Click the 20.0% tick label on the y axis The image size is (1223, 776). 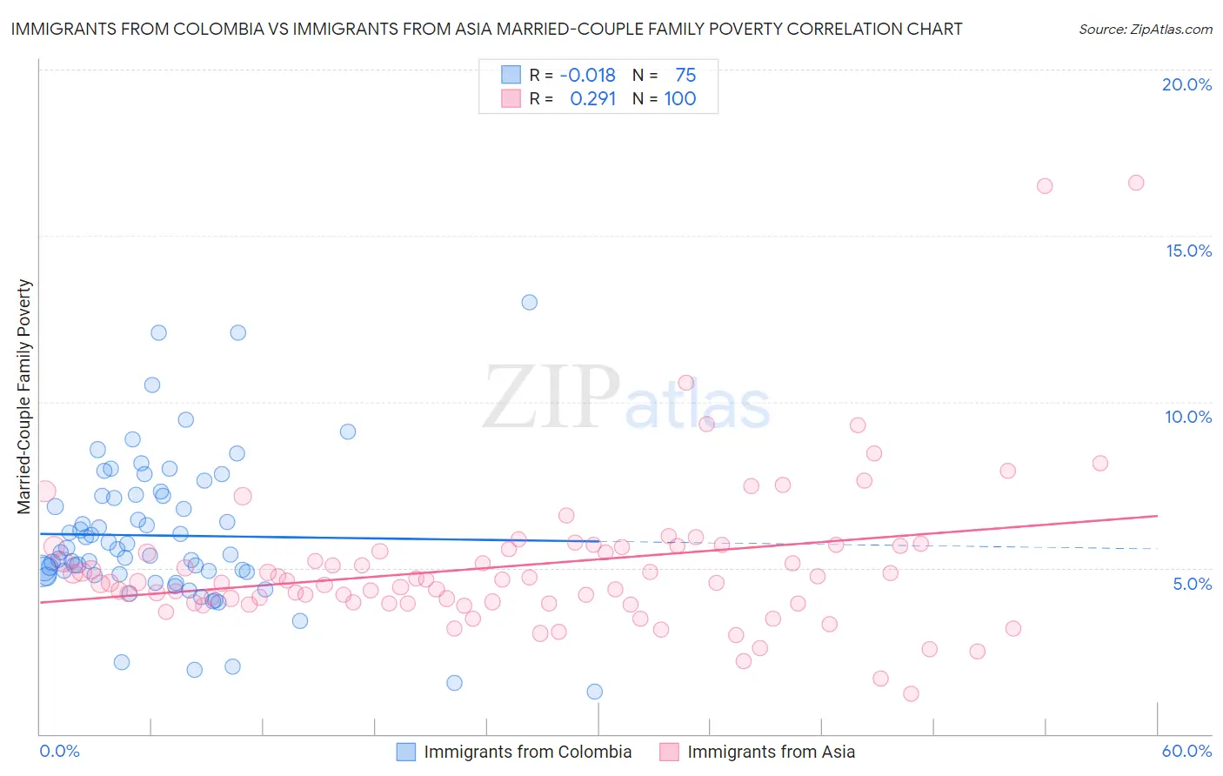pyautogui.click(x=1186, y=84)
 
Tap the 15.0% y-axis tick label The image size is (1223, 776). pyautogui.click(x=1188, y=251)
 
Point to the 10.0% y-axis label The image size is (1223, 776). pyautogui.click(x=1188, y=417)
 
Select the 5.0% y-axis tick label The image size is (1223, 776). pyautogui.click(x=1192, y=584)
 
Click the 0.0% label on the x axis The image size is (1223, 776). pyautogui.click(x=60, y=751)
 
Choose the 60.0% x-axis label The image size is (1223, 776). pyautogui.click(x=1186, y=751)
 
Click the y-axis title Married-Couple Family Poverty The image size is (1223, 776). pyautogui.click(x=24, y=397)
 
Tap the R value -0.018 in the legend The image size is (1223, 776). pyautogui.click(x=587, y=76)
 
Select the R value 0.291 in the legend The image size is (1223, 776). pyautogui.click(x=592, y=99)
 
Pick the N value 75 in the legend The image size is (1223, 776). pyautogui.click(x=685, y=76)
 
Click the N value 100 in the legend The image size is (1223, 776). pyautogui.click(x=680, y=99)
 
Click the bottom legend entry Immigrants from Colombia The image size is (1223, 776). pyautogui.click(x=527, y=752)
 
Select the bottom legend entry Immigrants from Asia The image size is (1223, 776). pyautogui.click(x=771, y=752)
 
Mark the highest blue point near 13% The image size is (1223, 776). pyautogui.click(x=529, y=303)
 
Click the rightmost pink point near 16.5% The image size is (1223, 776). pyautogui.click(x=1136, y=183)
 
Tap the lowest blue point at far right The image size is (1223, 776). pyautogui.click(x=595, y=692)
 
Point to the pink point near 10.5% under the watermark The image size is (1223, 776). pyautogui.click(x=685, y=383)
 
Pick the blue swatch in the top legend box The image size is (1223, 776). pyautogui.click(x=511, y=75)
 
